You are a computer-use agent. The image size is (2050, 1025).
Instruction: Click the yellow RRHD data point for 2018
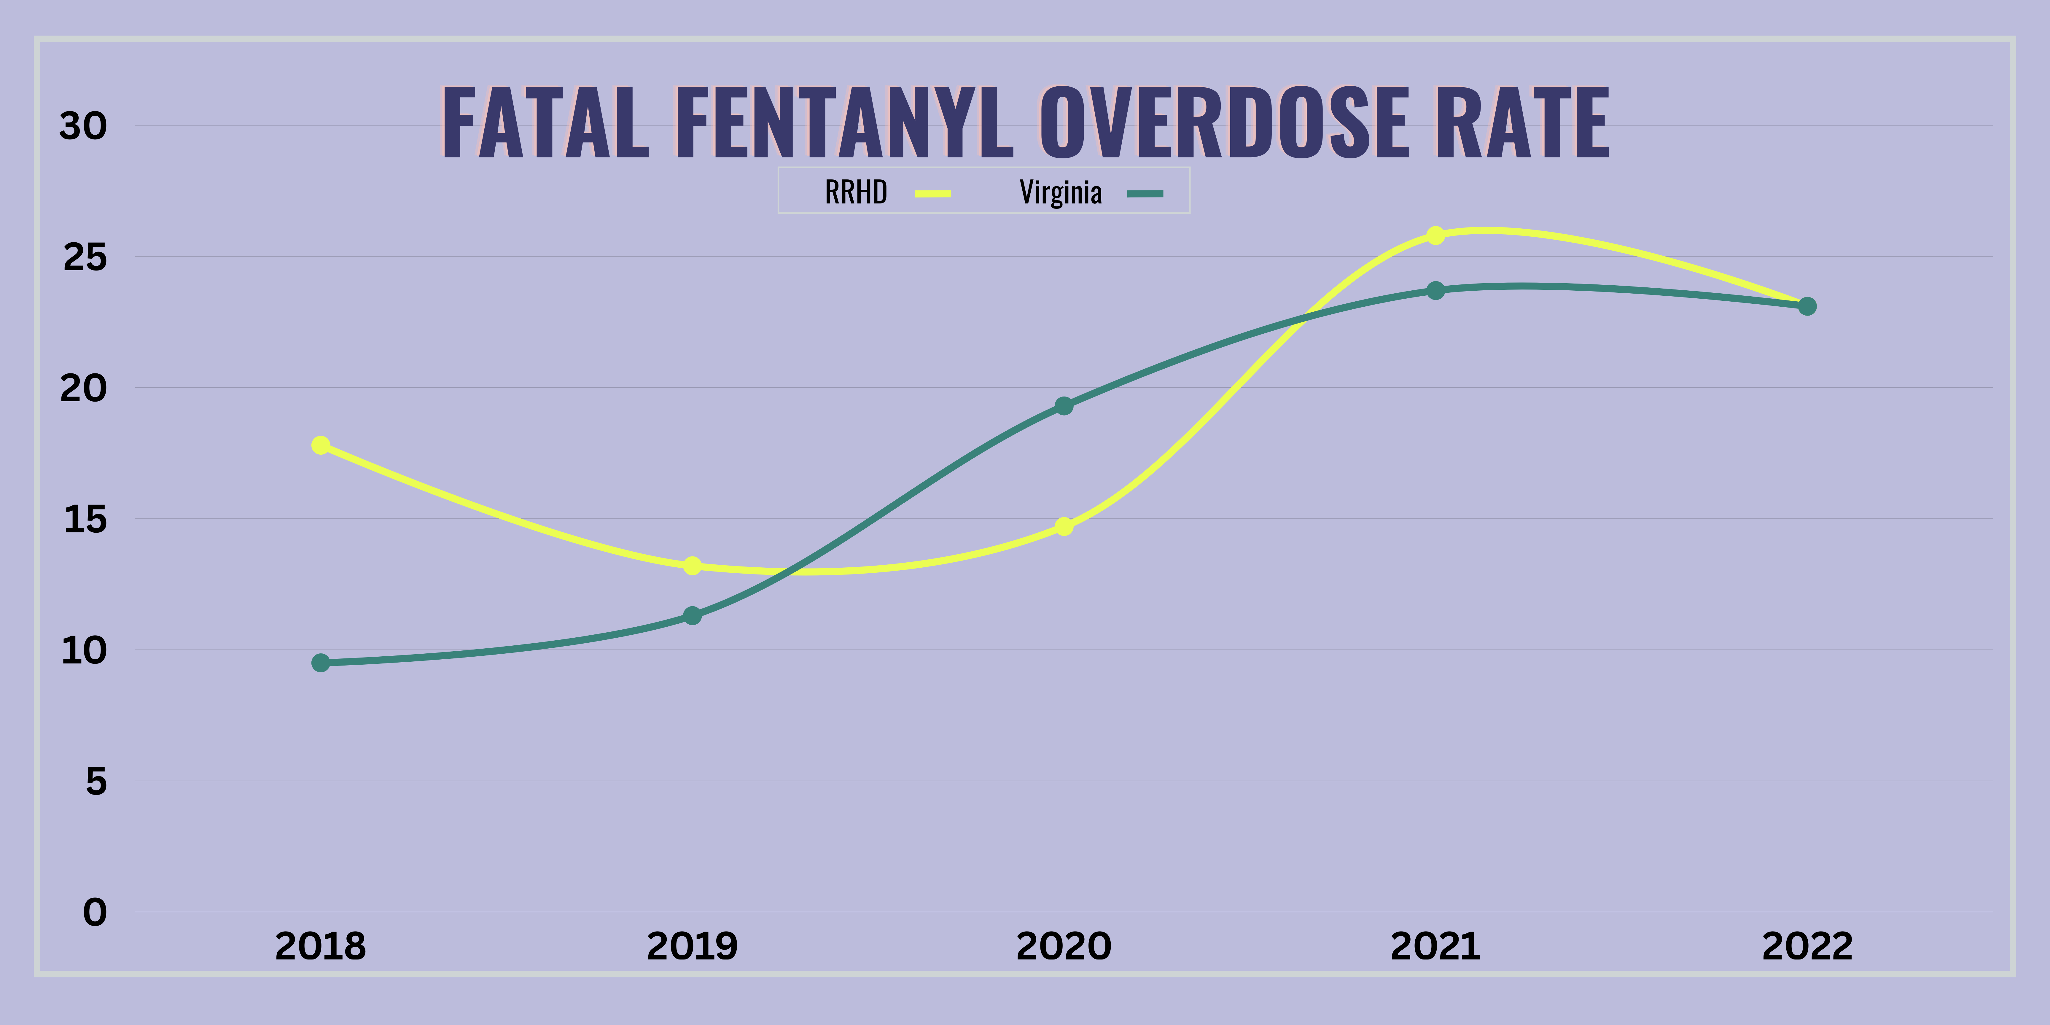[321, 445]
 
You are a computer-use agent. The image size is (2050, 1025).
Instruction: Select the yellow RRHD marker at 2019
[692, 566]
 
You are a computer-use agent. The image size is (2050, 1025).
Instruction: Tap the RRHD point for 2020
[1064, 526]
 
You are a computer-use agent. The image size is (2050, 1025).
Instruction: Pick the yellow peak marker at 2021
[1436, 235]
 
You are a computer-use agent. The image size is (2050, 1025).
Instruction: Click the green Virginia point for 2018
[321, 663]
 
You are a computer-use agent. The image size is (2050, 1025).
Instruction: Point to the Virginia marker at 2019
[692, 615]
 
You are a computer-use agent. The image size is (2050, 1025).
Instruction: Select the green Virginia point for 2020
[1064, 406]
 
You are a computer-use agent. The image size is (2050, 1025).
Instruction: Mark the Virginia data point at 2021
[1436, 290]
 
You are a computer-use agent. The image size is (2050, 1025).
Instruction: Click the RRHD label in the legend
[855, 192]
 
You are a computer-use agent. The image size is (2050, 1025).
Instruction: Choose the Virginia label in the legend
[1061, 192]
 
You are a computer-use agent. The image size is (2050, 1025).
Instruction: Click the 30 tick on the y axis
[83, 126]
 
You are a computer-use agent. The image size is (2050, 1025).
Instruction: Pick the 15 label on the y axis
[84, 520]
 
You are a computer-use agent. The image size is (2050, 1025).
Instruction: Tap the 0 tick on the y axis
[95, 912]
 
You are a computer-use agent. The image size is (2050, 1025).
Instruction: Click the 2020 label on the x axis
[1064, 946]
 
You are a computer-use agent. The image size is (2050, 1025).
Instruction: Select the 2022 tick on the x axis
[1807, 946]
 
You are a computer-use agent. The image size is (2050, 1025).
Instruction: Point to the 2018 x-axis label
[321, 946]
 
